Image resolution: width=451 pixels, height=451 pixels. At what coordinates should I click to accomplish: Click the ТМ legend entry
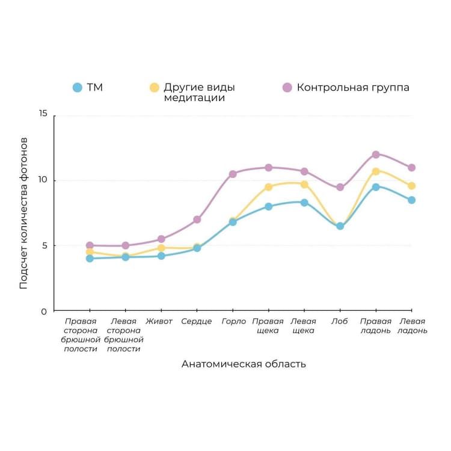click(88, 87)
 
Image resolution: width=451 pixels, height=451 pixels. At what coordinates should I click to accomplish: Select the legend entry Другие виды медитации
click(192, 92)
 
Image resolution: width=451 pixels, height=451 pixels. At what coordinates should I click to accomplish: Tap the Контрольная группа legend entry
click(346, 87)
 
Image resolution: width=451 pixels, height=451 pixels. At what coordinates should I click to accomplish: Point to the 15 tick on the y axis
click(42, 115)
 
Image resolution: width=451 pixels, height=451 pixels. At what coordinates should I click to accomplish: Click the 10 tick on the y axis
click(42, 180)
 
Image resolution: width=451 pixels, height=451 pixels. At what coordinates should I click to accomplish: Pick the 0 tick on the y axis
click(44, 311)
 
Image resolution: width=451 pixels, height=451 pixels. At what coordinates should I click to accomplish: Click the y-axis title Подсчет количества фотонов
click(24, 213)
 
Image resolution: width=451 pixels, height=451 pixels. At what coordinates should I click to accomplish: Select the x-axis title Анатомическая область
click(244, 364)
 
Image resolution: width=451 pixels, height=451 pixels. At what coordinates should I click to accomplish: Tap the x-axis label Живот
click(159, 321)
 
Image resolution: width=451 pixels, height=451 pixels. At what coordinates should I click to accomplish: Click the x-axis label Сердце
click(197, 321)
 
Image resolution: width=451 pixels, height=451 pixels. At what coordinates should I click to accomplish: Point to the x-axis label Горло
click(233, 321)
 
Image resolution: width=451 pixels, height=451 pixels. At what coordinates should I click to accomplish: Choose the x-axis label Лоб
click(340, 321)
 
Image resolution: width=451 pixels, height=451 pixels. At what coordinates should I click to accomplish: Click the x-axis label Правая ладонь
click(376, 326)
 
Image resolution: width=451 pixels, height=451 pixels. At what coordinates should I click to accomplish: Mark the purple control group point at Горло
click(233, 174)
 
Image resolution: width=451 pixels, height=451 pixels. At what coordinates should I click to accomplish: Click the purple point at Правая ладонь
click(376, 155)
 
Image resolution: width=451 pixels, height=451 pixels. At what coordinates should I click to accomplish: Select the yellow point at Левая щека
click(304, 185)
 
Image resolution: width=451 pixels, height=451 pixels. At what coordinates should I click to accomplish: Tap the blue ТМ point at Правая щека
click(269, 206)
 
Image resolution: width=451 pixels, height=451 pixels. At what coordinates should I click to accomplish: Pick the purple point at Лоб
click(340, 187)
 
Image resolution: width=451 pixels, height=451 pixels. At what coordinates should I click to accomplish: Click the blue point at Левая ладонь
click(411, 200)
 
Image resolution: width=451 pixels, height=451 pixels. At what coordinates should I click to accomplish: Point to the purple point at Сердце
click(197, 219)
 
